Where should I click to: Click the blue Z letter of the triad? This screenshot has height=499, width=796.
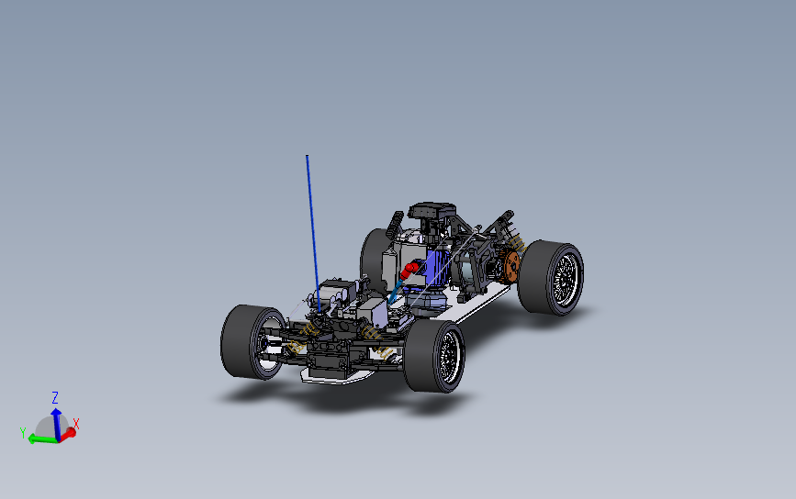click(x=55, y=397)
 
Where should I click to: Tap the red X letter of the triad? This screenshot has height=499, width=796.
click(x=76, y=424)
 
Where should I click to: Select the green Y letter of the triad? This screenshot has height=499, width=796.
click(x=23, y=433)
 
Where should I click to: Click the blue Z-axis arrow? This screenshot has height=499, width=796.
click(x=56, y=423)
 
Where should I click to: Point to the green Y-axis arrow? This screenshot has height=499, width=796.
click(x=42, y=438)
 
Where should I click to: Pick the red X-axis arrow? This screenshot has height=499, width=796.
click(x=68, y=434)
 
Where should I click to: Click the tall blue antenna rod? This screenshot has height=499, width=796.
click(x=313, y=233)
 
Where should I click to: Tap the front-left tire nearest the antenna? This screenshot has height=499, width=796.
click(x=243, y=342)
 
